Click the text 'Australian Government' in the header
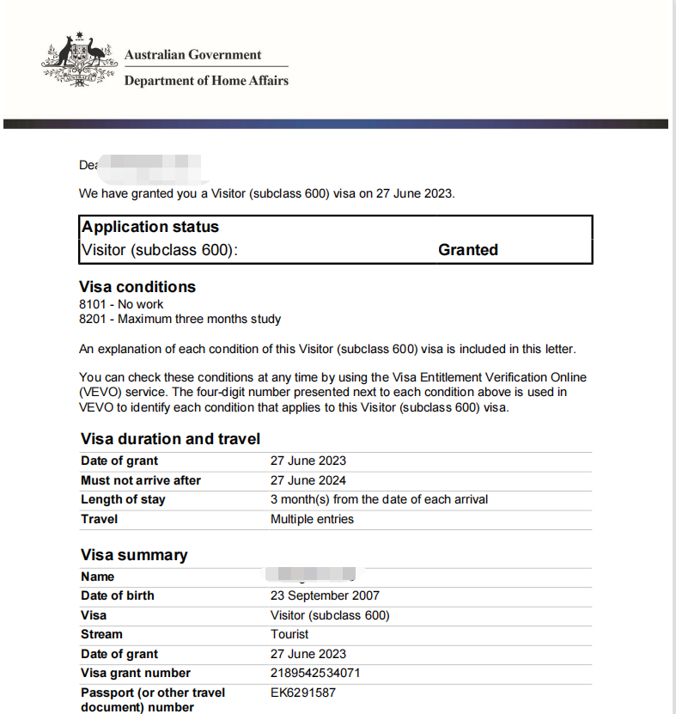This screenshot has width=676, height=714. coord(192,55)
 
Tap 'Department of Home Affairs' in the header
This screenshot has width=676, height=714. coord(206,81)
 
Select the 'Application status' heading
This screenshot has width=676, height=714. coord(150,227)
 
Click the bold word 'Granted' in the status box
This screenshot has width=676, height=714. coord(468,250)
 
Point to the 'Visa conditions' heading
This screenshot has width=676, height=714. coord(137,287)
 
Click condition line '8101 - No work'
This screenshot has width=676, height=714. coord(121,304)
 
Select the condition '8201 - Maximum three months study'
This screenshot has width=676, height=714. coord(180,320)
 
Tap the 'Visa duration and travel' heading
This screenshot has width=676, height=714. coord(170,439)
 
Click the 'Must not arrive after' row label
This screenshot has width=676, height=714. coord(141,480)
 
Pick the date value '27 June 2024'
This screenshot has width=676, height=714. coord(308,480)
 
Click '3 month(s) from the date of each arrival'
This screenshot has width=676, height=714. coord(379,499)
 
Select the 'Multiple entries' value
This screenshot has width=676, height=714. coord(312,519)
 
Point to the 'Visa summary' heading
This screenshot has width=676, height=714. coord(134,555)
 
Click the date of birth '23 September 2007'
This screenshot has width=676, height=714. coord(325,595)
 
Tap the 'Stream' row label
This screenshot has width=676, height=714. coord(101,634)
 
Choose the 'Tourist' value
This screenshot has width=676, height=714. coord(289,634)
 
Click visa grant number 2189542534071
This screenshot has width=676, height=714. coord(315,673)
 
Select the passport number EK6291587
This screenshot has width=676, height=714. coord(303,693)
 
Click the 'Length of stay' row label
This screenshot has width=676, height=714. coord(123,499)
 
